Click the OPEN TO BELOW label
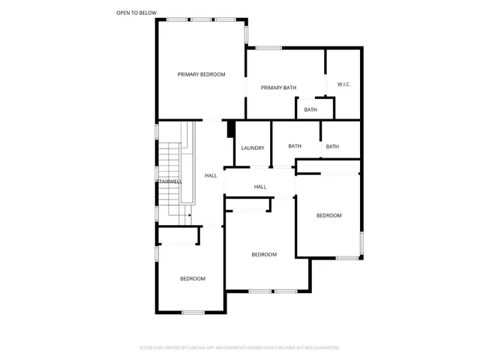(136, 13)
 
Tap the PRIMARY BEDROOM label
(201, 74)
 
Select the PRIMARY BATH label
(278, 88)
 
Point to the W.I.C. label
(344, 84)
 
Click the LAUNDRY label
(253, 148)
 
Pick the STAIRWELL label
(169, 181)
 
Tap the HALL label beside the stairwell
(211, 175)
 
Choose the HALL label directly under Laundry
(260, 187)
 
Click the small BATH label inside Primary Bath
(310, 110)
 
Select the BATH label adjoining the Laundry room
(295, 146)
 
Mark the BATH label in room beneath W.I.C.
(332, 146)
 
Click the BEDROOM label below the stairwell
(193, 279)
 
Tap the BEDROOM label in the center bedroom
(264, 254)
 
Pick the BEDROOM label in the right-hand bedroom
(328, 215)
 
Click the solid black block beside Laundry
(231, 129)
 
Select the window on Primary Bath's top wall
(268, 49)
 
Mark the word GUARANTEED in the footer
(325, 348)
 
